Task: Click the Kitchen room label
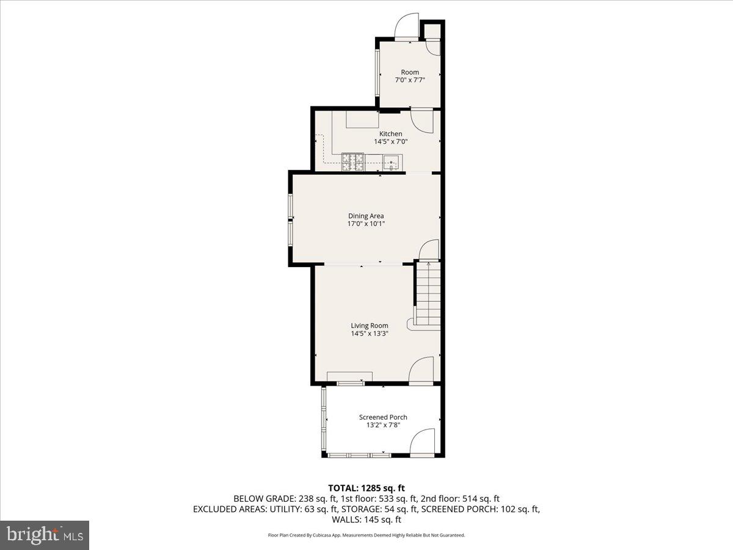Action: click(x=390, y=134)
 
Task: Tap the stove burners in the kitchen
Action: click(x=352, y=161)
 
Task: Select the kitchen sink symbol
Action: click(x=392, y=163)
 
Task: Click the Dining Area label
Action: click(x=366, y=216)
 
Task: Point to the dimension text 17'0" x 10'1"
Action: click(x=366, y=224)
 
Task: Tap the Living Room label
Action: click(x=369, y=326)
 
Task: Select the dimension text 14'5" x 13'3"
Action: click(x=369, y=334)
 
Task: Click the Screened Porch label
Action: click(x=383, y=417)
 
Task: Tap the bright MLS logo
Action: click(x=45, y=535)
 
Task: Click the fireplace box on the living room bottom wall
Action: click(x=349, y=376)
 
